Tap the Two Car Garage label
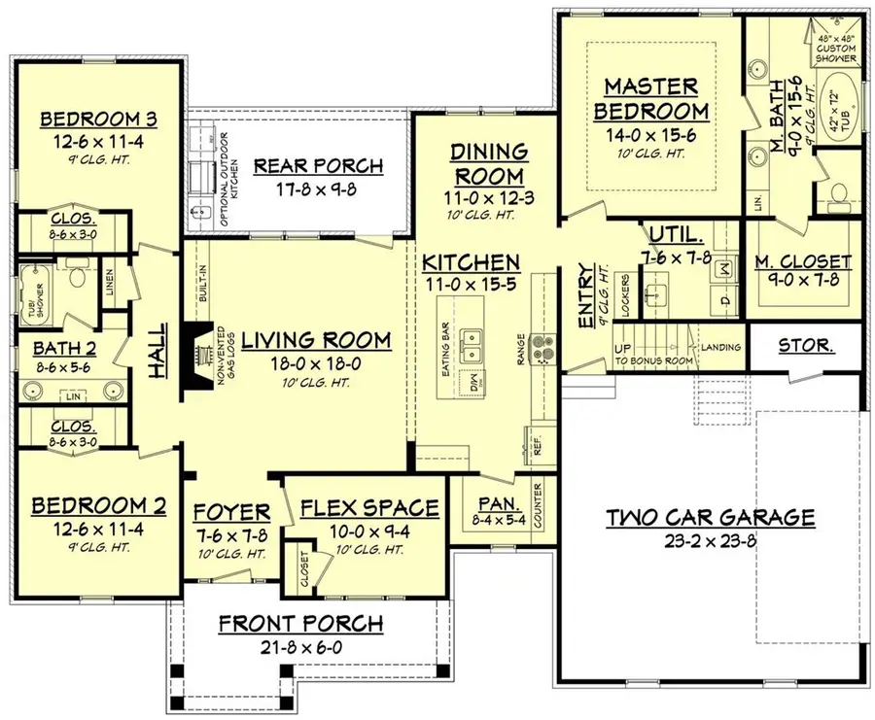[x=711, y=517]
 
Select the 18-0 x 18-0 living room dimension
[x=316, y=363]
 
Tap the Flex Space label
[x=369, y=509]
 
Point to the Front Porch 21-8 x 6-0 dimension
[x=299, y=644]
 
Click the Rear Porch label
[x=318, y=165]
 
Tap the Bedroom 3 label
[x=98, y=120]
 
